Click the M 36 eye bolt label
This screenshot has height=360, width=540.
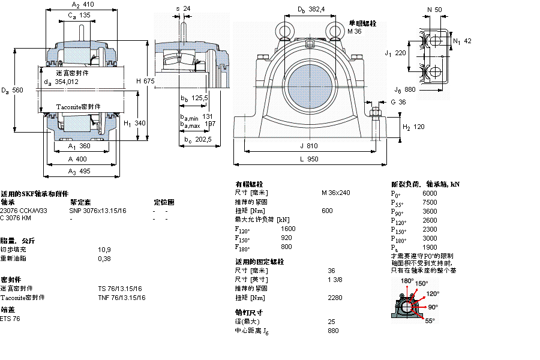pos(355,31)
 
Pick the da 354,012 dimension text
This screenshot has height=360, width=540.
pos(62,82)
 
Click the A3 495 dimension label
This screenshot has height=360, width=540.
pos(79,171)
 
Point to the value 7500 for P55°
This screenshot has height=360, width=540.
pos(430,202)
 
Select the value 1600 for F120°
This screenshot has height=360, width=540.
pos(288,229)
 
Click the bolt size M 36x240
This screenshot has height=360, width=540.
pos(335,193)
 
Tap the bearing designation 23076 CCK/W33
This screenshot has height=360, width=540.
pos(23,211)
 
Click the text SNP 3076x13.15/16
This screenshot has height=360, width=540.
pos(98,211)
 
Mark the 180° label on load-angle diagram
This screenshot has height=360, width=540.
pos(407,281)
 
